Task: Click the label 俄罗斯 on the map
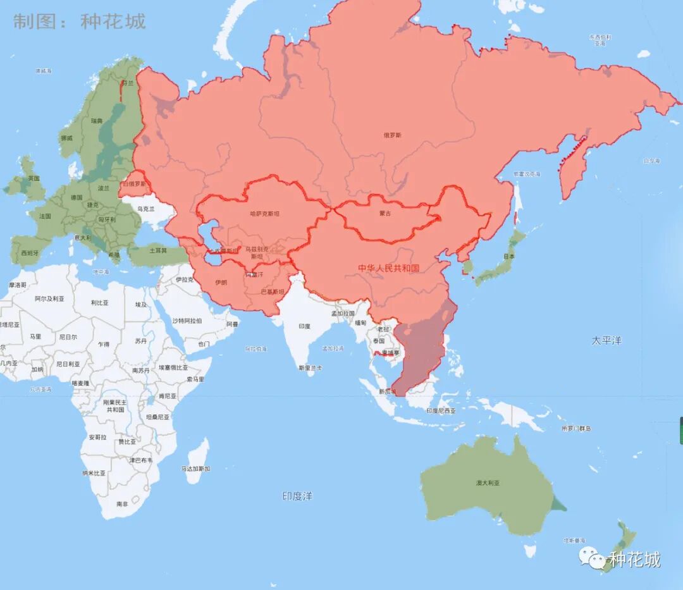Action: [392, 135]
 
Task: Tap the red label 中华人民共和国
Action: [388, 268]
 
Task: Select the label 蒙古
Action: [385, 213]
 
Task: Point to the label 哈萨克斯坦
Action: [264, 214]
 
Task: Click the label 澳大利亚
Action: [488, 482]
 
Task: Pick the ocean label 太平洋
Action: [606, 340]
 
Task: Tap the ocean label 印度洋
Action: [297, 496]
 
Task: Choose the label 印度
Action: [305, 326]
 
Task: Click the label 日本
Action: [508, 256]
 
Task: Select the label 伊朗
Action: [221, 282]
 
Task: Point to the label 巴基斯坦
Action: [273, 292]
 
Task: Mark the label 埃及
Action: [140, 305]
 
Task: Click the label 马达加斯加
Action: [195, 469]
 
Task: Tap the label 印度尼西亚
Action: [441, 410]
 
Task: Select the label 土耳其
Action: [157, 250]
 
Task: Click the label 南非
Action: [122, 504]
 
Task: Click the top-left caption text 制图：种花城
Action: [80, 22]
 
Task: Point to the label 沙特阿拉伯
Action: [187, 321]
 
